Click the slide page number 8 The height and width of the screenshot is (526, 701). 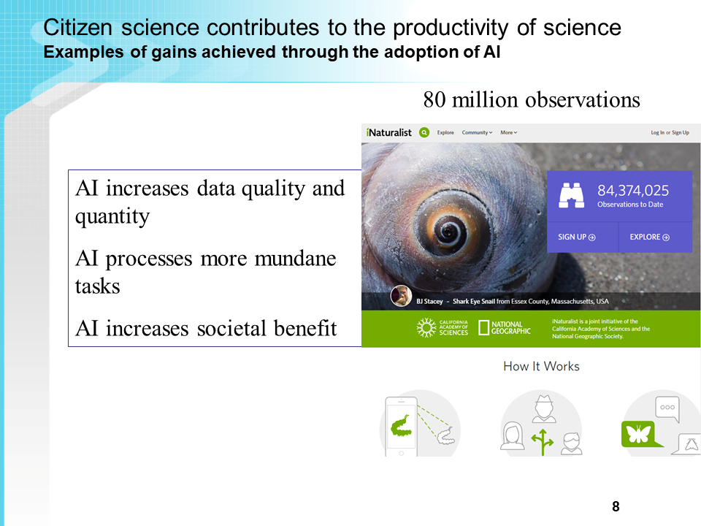616,506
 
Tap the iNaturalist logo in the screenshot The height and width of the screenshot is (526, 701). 388,132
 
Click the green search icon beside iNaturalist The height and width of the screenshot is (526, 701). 424,132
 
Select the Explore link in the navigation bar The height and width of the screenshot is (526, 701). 445,132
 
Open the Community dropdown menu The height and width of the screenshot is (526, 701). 477,132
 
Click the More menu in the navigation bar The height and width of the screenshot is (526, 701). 509,132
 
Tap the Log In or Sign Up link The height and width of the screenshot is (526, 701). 670,132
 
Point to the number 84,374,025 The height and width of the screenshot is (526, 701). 633,191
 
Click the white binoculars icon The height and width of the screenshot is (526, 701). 571,196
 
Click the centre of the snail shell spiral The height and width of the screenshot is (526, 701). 448,232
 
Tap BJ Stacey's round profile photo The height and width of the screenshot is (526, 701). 401,296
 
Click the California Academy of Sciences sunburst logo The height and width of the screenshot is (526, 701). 426,327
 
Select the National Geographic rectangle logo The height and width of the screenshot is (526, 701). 483,327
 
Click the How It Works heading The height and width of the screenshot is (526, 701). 541,366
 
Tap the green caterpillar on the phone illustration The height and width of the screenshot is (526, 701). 402,426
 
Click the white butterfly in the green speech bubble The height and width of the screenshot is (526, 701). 638,433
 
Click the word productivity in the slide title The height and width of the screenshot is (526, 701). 451,28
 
